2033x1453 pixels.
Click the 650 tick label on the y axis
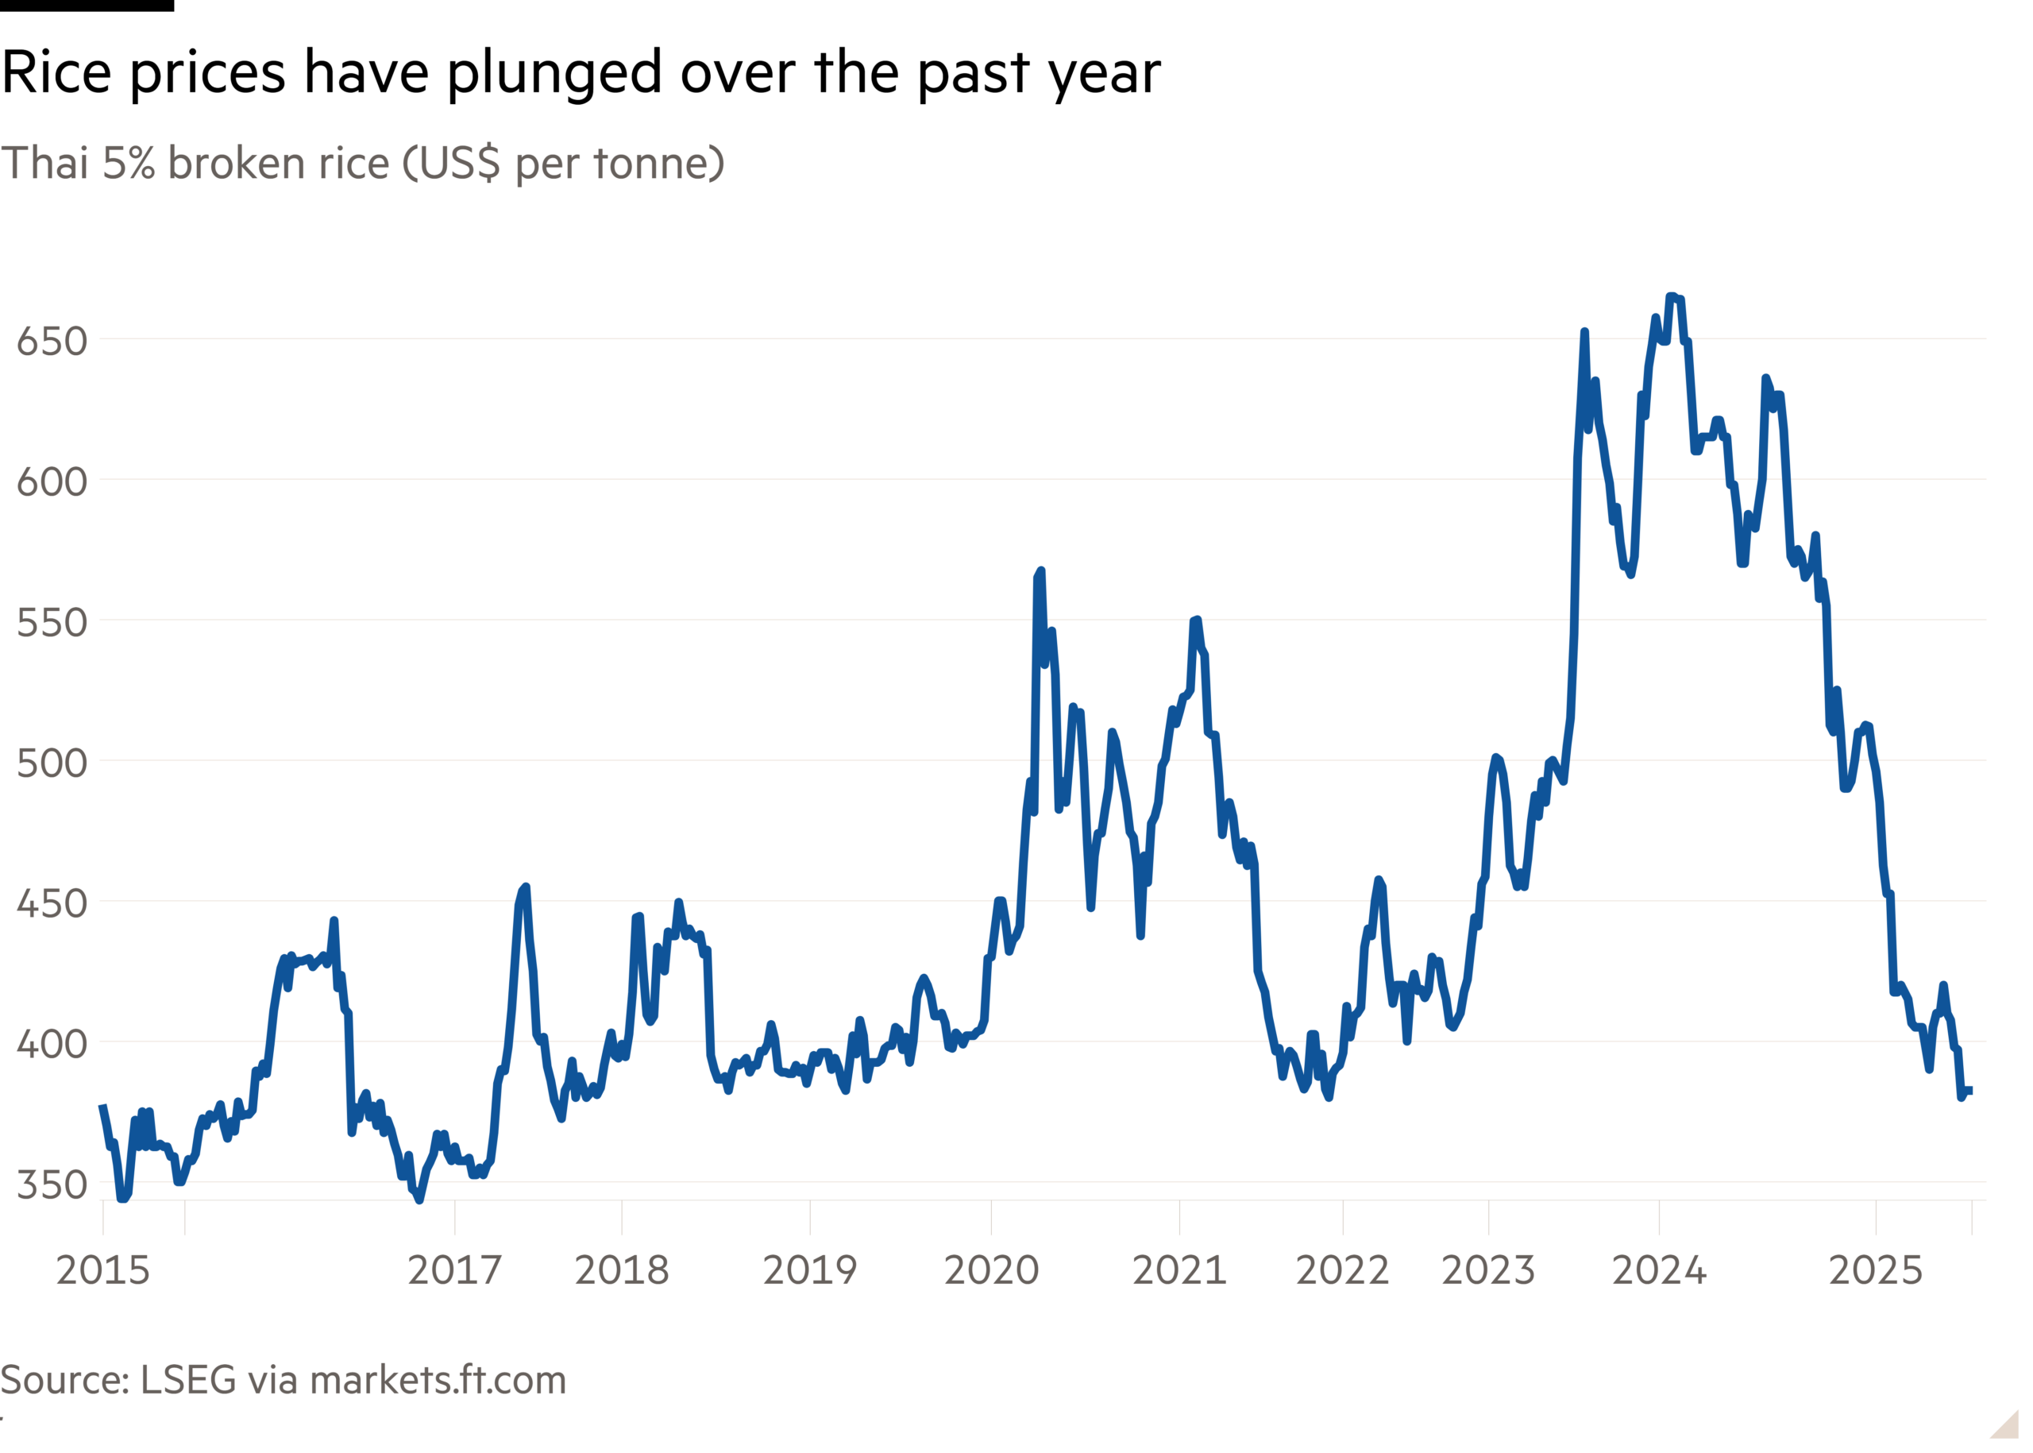51,342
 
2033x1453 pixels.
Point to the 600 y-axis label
51,482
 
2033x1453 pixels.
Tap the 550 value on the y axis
51,623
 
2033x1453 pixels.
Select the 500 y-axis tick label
51,763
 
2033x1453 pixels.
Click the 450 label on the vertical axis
51,903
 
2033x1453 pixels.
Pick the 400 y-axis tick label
51,1044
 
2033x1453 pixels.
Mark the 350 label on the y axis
51,1184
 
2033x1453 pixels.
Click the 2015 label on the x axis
103,1270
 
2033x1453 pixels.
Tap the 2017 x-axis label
454,1270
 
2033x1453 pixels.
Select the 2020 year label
991,1270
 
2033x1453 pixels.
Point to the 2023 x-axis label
1488,1270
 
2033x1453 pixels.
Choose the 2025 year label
1876,1270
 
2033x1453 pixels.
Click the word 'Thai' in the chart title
44,164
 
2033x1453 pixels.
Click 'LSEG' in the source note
188,1381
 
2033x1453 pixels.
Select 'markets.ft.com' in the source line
438,1381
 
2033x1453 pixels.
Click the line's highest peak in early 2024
1671,296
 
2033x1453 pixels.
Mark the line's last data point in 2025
1971,1090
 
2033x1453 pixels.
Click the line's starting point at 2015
102,1106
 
